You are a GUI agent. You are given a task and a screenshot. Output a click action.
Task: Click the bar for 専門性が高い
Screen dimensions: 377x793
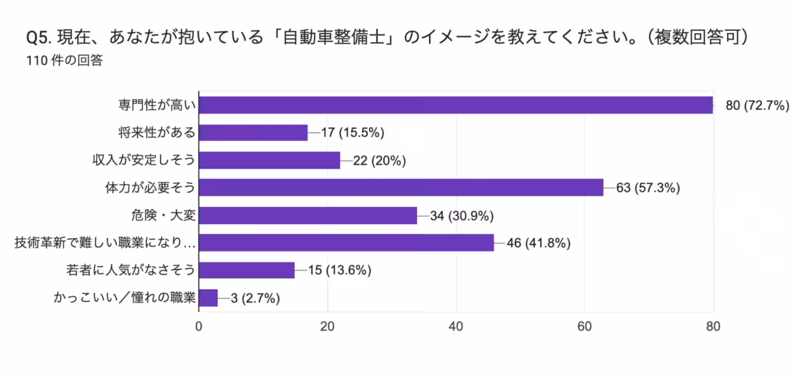pyautogui.click(x=456, y=105)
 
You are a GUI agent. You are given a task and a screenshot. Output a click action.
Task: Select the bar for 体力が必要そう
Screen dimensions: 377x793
pyautogui.click(x=401, y=188)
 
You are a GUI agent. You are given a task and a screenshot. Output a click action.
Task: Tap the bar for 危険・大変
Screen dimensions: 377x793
pyautogui.click(x=308, y=216)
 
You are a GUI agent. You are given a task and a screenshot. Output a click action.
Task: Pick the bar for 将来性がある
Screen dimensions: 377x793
pyautogui.click(x=253, y=133)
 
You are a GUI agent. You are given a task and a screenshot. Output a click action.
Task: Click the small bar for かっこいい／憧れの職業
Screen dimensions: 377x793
pyautogui.click(x=208, y=298)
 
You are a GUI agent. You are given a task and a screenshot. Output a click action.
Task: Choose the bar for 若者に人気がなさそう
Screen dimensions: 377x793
pyautogui.click(x=246, y=271)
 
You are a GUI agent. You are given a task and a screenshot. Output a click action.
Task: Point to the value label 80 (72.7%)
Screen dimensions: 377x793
pyautogui.click(x=757, y=106)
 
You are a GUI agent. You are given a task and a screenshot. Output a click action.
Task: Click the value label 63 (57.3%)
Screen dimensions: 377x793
pyautogui.click(x=648, y=188)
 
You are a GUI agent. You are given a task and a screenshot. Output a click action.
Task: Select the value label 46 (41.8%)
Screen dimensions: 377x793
pyautogui.click(x=538, y=243)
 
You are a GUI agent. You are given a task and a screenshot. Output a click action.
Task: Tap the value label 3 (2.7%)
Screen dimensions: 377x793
pyautogui.click(x=255, y=298)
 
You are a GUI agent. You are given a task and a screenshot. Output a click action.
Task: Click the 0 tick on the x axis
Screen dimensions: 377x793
pyautogui.click(x=199, y=326)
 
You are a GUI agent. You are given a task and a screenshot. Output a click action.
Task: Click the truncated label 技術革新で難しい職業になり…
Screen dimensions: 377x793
pyautogui.click(x=106, y=243)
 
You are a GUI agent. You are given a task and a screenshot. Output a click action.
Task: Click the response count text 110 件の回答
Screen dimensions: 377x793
pyautogui.click(x=64, y=60)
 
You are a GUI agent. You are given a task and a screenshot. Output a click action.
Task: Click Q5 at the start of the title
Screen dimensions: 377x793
pyautogui.click(x=35, y=37)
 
